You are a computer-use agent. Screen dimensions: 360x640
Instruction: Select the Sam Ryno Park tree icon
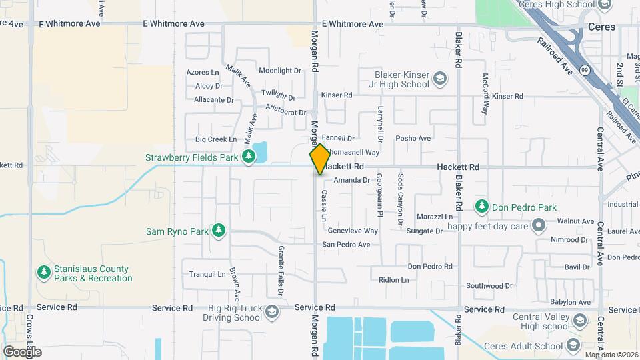point(218,231)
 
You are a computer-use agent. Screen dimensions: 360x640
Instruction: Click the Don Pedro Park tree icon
point(482,207)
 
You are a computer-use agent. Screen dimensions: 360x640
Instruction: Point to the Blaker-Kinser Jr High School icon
point(440,79)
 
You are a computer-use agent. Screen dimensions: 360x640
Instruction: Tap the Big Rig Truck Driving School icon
point(271,312)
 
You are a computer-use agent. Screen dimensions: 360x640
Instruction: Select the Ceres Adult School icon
point(572,345)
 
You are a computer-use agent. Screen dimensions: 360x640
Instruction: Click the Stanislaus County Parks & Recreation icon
point(43,273)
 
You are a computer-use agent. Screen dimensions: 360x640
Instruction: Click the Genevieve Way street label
point(353,231)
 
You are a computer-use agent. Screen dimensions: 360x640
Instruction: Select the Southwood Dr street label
point(489,286)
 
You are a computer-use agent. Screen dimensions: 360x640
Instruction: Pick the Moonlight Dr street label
point(280,71)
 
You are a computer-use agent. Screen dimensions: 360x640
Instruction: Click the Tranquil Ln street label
point(208,274)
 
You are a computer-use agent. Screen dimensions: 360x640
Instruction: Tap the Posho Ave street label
point(413,139)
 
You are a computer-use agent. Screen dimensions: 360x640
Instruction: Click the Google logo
point(22,351)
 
